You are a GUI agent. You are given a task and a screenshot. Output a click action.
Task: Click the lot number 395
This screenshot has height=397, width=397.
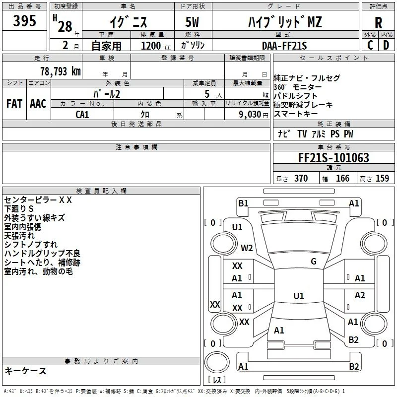pos(24,20)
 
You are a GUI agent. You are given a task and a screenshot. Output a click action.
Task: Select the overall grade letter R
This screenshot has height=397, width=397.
pos(378,23)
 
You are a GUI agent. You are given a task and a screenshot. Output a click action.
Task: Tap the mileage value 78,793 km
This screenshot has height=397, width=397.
pos(61,71)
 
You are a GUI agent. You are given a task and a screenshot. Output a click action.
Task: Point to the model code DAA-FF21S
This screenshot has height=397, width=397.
pos(284,46)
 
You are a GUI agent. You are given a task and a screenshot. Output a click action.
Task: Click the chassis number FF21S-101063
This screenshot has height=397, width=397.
pos(333,158)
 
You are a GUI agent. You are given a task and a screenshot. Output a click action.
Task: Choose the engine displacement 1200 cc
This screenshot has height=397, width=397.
pos(156,46)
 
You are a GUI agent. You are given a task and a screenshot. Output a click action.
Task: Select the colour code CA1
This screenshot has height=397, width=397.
pos(82,115)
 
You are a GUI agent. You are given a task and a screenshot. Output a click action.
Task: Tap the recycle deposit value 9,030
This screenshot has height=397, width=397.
pos(250,115)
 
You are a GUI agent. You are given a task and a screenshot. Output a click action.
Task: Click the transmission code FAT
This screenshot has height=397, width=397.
pos(14,104)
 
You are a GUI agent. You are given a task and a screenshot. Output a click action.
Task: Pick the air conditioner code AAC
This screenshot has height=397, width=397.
pos(38,104)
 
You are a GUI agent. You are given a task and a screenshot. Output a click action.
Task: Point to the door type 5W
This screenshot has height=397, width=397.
pos(192,22)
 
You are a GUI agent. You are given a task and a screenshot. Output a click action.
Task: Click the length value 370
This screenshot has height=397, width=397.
pos(301,178)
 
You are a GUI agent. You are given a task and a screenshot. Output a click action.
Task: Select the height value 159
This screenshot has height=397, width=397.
pos(382,178)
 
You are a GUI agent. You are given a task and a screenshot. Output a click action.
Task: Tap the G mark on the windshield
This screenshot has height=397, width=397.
pos(314,262)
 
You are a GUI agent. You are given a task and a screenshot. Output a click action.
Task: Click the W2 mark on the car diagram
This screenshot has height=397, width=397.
pos(247,248)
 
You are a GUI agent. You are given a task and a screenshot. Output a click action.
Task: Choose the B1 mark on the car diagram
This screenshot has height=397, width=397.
pos(243,203)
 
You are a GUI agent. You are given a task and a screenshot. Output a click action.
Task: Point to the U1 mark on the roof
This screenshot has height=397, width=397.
pos(299,296)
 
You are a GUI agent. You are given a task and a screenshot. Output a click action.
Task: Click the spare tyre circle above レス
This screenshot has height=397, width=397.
pos(217,362)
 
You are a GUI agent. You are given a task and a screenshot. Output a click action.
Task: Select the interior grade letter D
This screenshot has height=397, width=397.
pos(386,45)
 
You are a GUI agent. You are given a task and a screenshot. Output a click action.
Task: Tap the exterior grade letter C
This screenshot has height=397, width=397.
pos(370,45)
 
